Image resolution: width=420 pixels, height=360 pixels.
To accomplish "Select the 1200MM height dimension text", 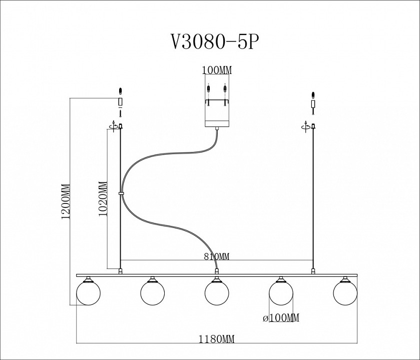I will (64, 202).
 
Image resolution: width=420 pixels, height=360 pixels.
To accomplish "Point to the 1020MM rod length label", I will (103, 198).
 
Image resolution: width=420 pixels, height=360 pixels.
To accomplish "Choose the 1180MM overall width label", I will (216, 339).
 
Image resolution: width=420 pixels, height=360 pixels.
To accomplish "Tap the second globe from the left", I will (152, 292).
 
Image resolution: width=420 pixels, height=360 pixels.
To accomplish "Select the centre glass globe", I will (217, 292).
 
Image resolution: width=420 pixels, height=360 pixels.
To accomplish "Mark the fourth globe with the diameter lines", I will (281, 292).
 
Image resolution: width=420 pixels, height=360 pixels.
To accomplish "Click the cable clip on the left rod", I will (121, 192).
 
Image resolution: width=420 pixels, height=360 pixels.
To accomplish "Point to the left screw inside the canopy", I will (208, 91).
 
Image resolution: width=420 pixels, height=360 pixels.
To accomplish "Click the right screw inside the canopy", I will (225, 91).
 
